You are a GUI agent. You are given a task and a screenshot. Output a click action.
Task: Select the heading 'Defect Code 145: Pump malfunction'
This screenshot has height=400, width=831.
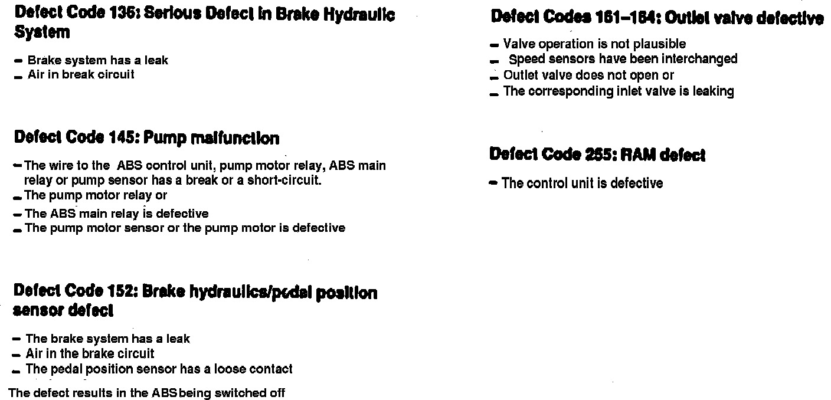pos(146,138)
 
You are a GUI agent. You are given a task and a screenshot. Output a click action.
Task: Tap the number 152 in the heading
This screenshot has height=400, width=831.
pos(122,291)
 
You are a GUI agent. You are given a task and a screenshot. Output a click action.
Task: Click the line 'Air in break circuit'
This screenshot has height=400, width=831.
pos(81,74)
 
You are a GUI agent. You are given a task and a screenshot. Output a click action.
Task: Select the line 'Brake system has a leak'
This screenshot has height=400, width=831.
pos(97,60)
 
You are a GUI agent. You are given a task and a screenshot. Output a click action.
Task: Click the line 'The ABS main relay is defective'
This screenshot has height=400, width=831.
pos(117,213)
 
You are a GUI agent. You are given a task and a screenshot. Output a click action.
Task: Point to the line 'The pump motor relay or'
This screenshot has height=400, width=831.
pos(96,195)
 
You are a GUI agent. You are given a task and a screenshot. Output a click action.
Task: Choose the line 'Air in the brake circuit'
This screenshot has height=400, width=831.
pos(90,353)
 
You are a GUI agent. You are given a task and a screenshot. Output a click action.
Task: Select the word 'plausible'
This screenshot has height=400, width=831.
pos(659,44)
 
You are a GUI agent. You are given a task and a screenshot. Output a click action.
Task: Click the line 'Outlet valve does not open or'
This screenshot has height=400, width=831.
pos(588,76)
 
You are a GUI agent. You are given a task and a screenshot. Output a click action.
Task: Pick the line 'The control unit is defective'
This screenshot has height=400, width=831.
pos(582,183)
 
